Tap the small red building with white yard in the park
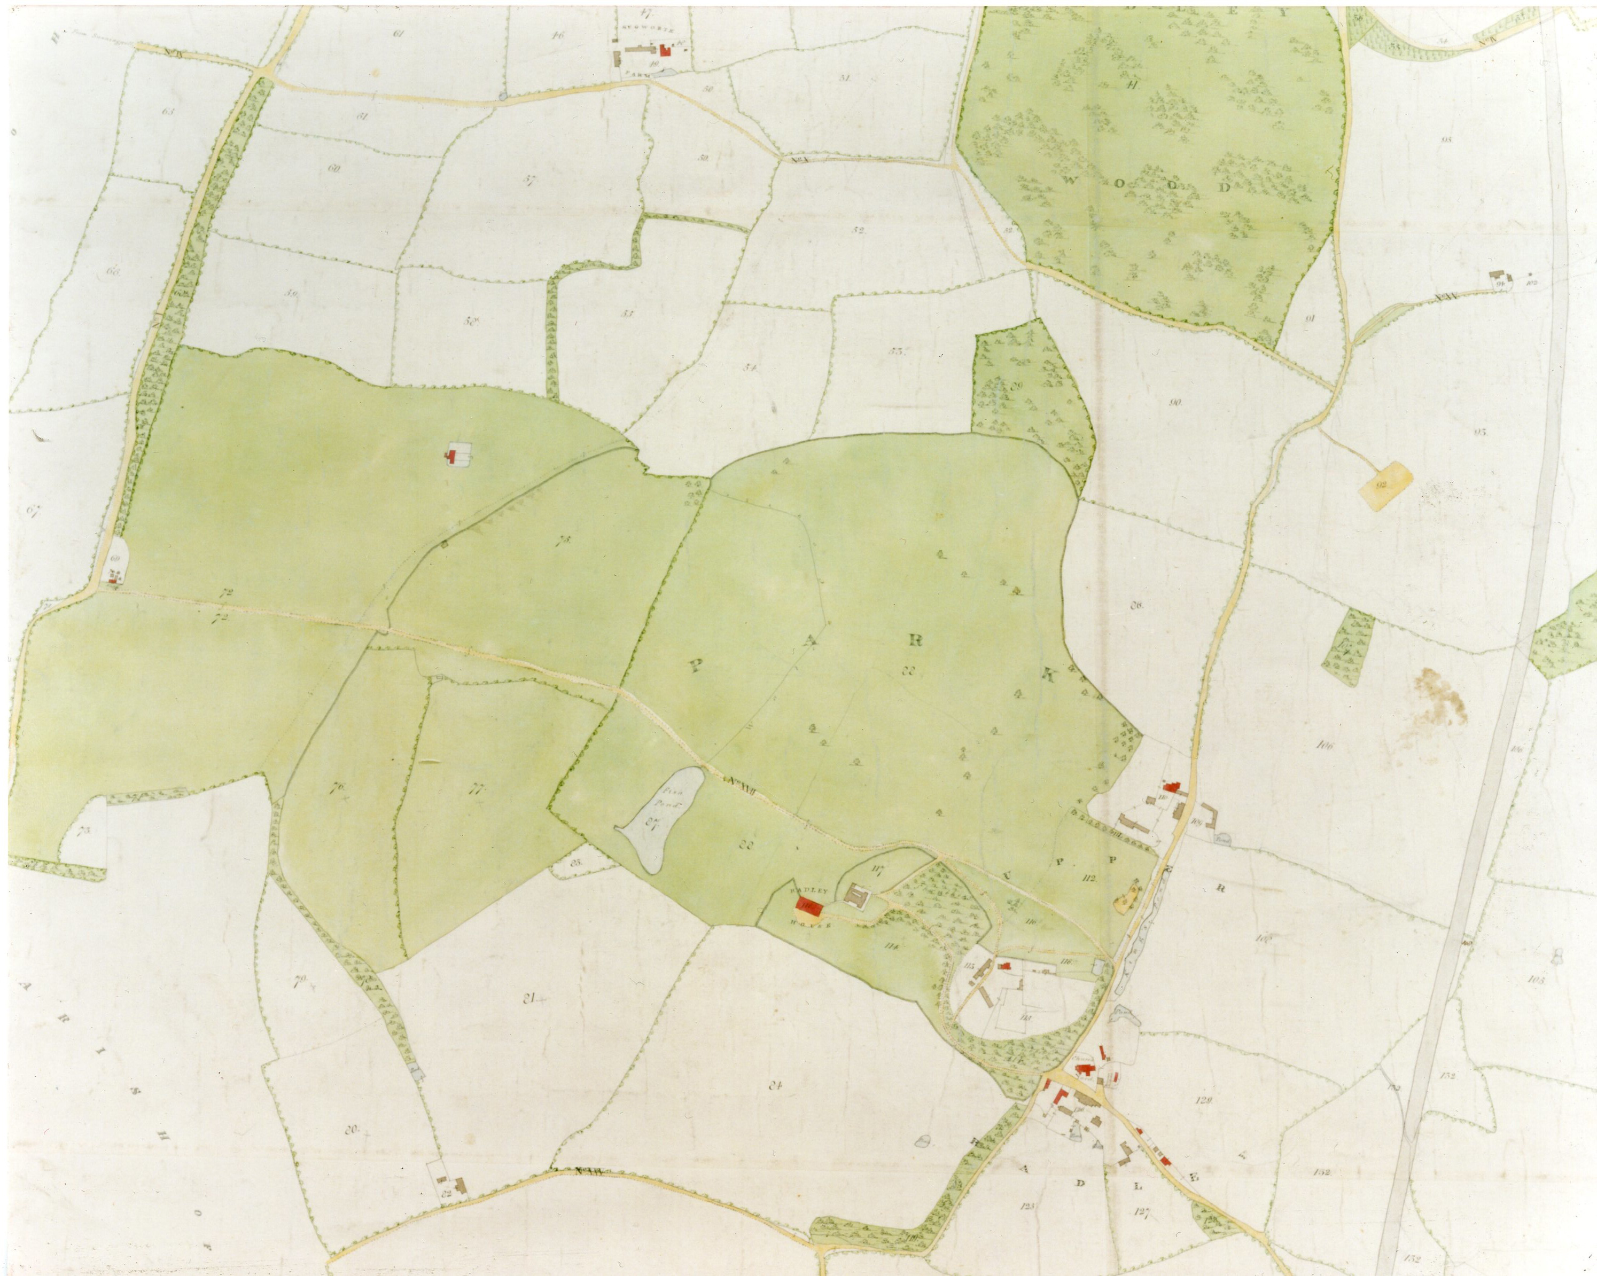tap(451, 456)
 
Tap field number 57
tap(529, 179)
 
